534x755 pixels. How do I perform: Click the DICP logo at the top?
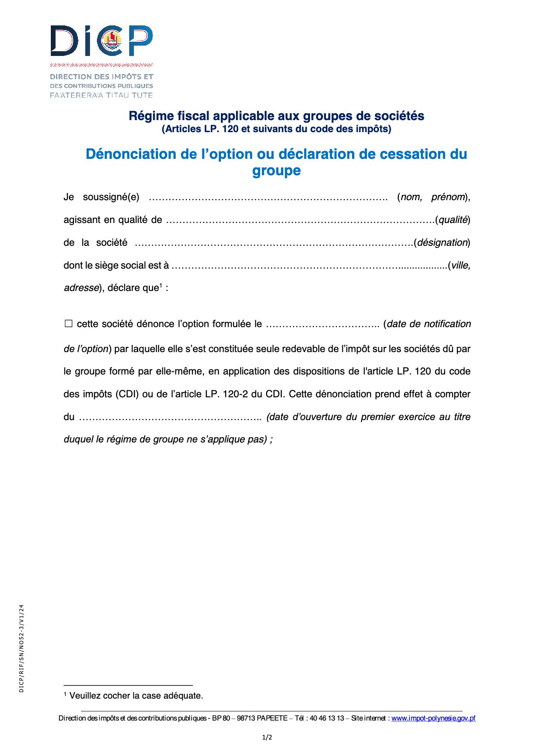pos(102,41)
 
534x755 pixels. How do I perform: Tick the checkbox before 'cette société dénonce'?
pos(68,324)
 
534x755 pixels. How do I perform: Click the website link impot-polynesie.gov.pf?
pos(433,718)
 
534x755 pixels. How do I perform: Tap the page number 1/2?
pos(267,737)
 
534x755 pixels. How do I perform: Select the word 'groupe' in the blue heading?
pos(276,170)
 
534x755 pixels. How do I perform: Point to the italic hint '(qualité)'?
pos(453,220)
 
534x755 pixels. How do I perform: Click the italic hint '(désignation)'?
pos(442,243)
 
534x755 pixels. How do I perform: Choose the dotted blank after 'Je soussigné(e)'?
pos(268,198)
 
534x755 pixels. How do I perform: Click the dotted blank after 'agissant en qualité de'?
pos(300,220)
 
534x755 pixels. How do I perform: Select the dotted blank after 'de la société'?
pos(274,243)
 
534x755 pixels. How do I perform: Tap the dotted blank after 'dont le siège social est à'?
pos(309,266)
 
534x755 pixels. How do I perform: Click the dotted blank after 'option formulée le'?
pos(323,325)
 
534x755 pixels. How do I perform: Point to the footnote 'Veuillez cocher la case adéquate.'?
pos(136,696)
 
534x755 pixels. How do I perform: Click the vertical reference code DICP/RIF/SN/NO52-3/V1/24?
pos(22,648)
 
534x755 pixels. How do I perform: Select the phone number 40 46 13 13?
pos(327,718)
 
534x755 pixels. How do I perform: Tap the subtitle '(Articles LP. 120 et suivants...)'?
pos(276,129)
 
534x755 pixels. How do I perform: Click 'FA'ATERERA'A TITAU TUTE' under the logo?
pos(101,95)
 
